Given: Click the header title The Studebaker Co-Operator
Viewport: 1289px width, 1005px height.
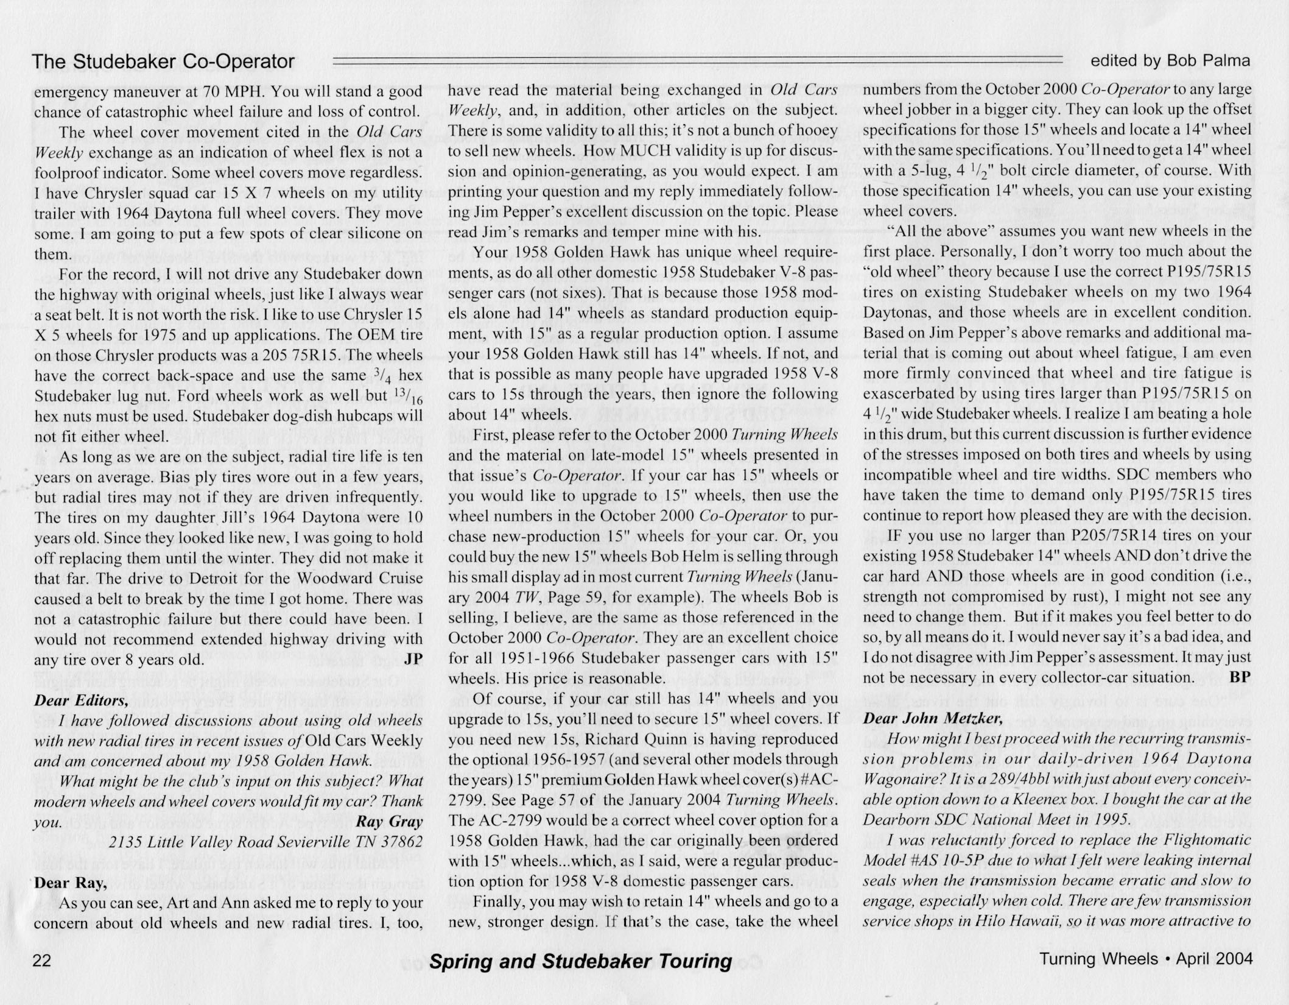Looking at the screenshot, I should tap(163, 62).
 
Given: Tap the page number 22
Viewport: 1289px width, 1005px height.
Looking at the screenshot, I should tap(42, 960).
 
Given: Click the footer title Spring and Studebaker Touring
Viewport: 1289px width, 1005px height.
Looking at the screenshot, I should tap(580, 961).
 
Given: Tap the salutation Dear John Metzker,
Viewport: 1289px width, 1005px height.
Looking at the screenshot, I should tap(933, 718).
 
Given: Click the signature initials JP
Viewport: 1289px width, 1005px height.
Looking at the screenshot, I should tap(413, 660).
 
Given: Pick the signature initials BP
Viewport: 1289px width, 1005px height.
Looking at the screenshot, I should tap(1240, 677).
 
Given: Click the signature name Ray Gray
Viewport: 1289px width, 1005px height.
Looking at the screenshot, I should tap(389, 822).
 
